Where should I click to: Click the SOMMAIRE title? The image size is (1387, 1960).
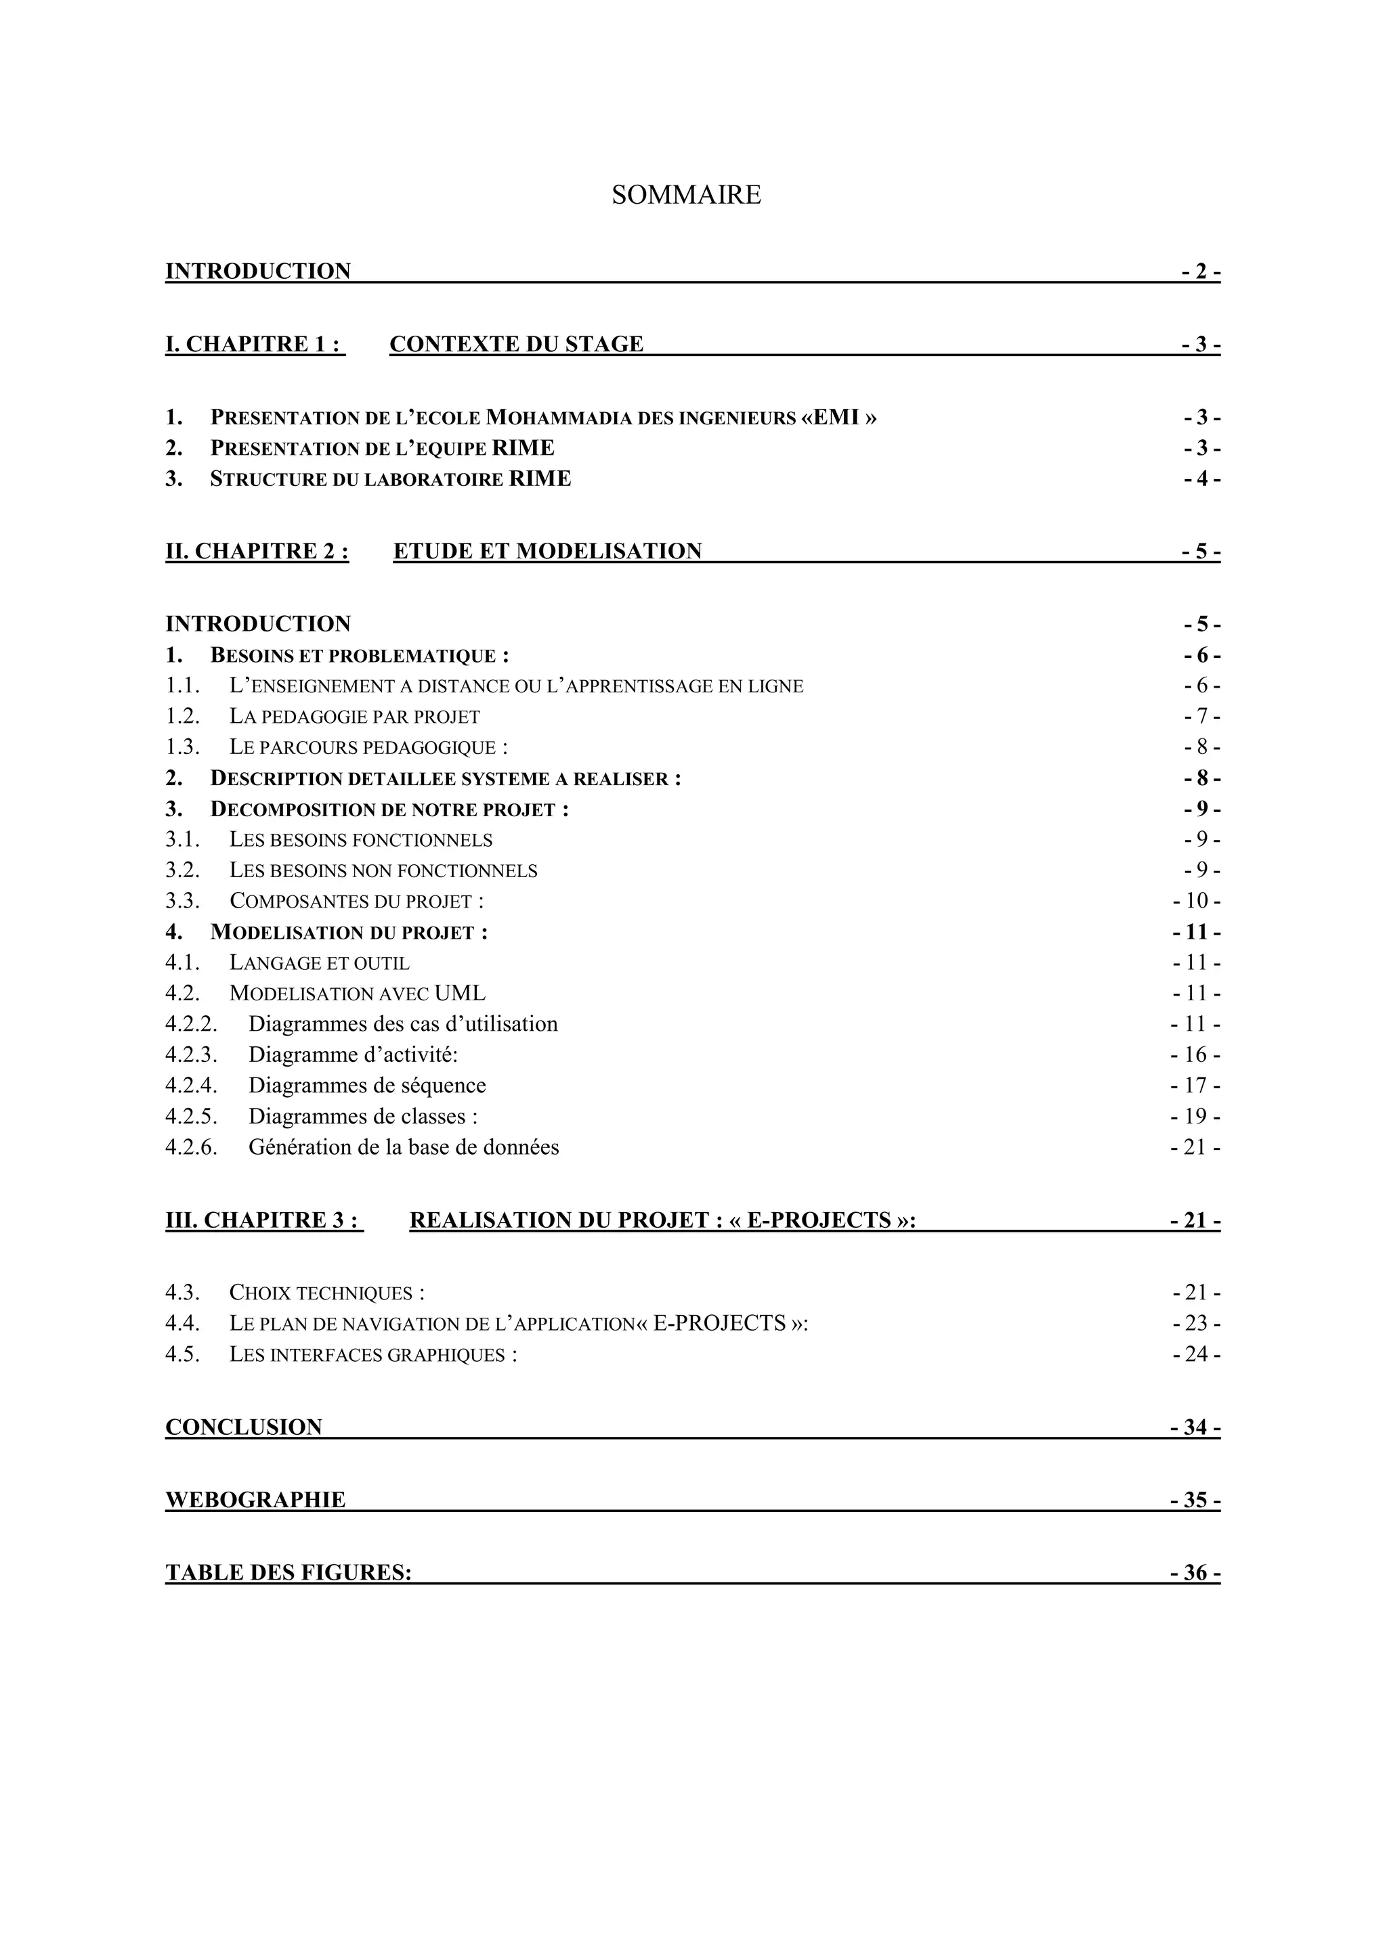[x=686, y=196]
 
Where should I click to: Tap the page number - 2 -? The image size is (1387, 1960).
[x=1201, y=271]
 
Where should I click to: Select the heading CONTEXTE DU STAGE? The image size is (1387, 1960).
[x=516, y=344]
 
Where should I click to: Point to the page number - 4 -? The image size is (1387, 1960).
[x=1201, y=479]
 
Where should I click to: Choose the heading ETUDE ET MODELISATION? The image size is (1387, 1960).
[x=547, y=552]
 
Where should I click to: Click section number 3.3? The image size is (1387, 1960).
[x=183, y=901]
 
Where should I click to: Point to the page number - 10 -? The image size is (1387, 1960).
[x=1197, y=901]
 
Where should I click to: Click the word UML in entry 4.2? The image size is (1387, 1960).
[x=459, y=994]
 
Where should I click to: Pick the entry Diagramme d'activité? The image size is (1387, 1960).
[x=353, y=1055]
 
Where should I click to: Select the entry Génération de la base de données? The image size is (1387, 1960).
[x=403, y=1147]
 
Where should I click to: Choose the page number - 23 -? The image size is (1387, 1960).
[x=1197, y=1324]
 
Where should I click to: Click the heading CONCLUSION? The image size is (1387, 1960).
[x=243, y=1428]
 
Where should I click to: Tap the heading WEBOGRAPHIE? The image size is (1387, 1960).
[x=255, y=1500]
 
